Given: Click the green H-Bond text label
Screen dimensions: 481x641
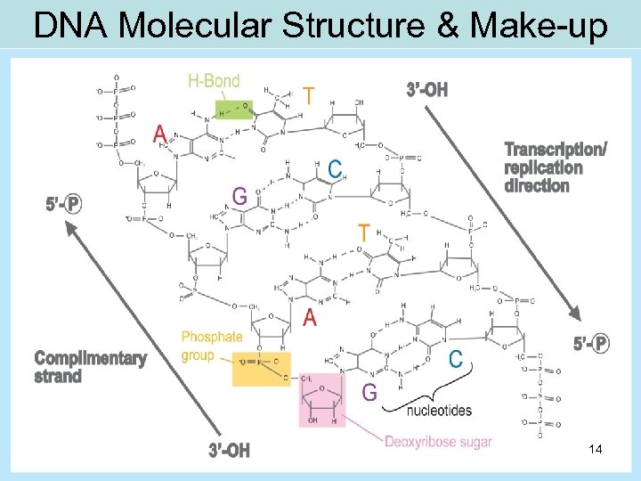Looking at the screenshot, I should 214,81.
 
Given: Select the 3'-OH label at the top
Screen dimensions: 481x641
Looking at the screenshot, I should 427,90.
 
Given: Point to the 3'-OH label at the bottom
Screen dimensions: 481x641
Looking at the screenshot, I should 230,451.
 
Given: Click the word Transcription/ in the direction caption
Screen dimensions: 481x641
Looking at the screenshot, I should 556,150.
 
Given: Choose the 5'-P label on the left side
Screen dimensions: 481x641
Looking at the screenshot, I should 63,204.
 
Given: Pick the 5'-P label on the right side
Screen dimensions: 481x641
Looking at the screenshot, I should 591,344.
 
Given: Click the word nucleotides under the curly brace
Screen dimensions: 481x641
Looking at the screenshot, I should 439,410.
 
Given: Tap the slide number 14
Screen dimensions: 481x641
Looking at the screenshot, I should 596,451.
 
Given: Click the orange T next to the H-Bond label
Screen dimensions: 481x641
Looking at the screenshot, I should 308,94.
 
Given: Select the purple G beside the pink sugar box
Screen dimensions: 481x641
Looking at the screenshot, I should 369,392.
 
